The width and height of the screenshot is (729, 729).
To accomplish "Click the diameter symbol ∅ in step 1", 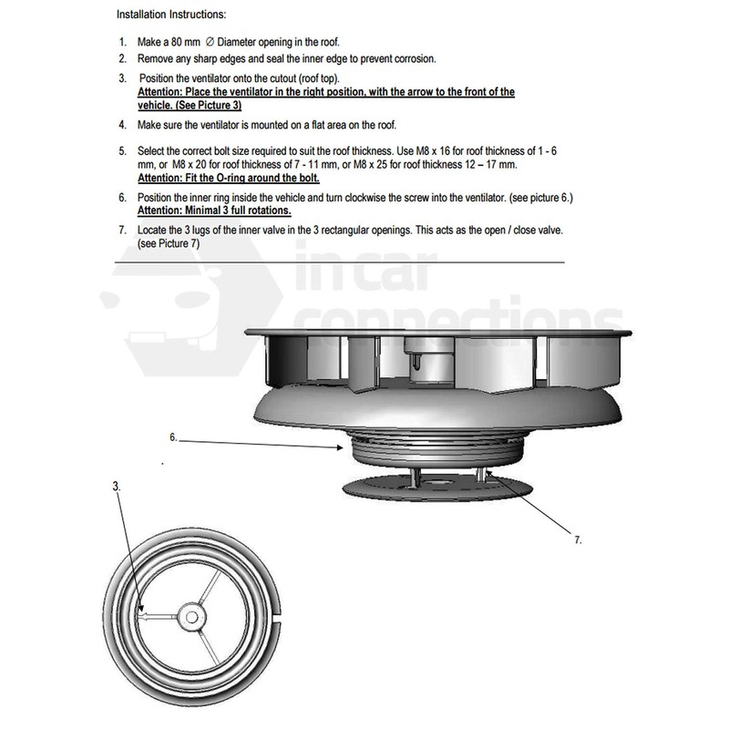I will click(210, 43).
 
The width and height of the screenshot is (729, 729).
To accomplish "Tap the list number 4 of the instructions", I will click(122, 124).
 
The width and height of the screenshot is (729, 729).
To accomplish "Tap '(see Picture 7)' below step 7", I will click(168, 245).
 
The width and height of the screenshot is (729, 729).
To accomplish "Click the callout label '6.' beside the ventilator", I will click(173, 436).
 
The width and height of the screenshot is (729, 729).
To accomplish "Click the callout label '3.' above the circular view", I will click(115, 487).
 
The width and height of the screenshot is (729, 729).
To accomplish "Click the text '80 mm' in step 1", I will click(183, 43).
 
